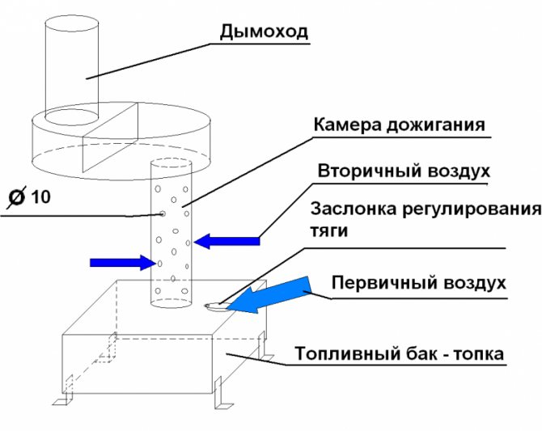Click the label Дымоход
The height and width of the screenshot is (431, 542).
point(264,32)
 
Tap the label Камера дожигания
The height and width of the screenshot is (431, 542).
point(400,125)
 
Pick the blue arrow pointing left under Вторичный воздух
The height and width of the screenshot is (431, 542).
point(227,240)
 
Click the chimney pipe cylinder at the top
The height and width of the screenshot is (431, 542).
point(71,69)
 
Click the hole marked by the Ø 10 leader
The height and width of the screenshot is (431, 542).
point(162,214)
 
